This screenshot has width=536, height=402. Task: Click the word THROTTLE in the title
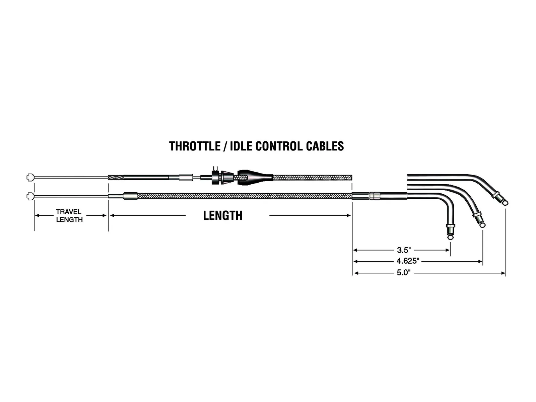[195, 146]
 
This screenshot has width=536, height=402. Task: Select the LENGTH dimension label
[223, 215]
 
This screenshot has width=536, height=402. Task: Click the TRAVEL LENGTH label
[69, 216]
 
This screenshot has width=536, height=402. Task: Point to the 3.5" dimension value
[404, 250]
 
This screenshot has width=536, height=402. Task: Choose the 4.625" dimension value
[408, 261]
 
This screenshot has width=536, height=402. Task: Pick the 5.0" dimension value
[404, 273]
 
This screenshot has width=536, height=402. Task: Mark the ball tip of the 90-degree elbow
[450, 237]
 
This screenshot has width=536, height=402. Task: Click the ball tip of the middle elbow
[482, 225]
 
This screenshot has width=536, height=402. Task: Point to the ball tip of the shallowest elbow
[505, 202]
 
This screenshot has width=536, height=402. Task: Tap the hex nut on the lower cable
[374, 196]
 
